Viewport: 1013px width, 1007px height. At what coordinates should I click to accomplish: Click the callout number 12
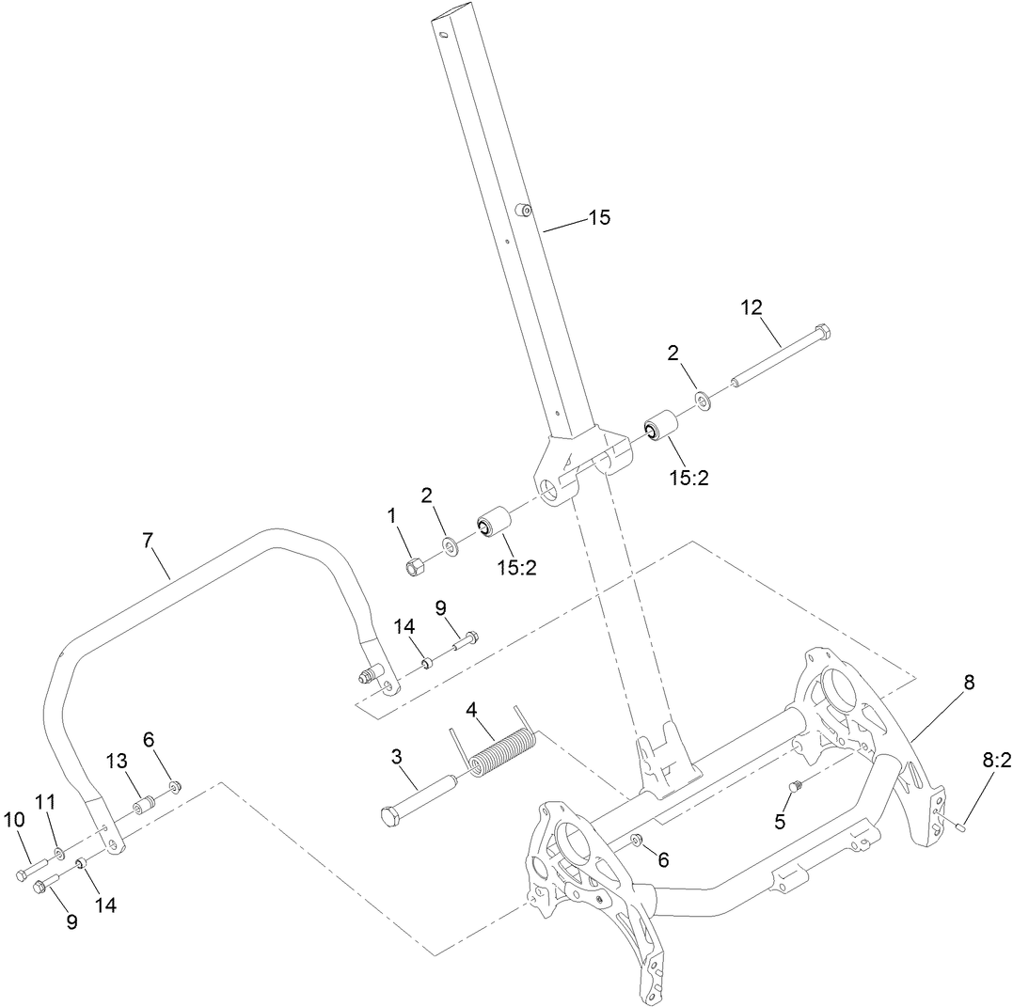pos(751,307)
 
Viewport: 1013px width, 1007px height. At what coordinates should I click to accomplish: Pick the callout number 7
pos(147,541)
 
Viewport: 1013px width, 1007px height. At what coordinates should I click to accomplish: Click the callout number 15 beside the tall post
pos(599,218)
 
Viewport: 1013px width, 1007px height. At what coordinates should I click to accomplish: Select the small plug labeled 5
pos(795,784)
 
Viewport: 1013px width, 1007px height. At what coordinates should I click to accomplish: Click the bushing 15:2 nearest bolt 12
pos(662,428)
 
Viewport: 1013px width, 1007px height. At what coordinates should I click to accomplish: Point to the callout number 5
pos(779,821)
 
